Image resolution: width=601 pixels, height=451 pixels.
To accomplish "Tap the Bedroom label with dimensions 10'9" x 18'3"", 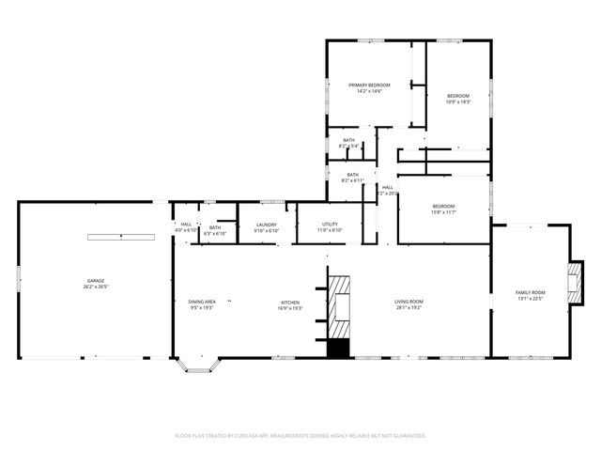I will click(x=457, y=97).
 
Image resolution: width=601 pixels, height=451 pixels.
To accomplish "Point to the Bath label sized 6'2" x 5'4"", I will click(x=349, y=141).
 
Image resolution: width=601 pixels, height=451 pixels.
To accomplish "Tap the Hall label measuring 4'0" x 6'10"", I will click(x=186, y=225).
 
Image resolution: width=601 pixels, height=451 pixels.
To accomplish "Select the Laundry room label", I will click(x=266, y=225).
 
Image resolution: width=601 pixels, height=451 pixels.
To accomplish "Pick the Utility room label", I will click(x=330, y=225).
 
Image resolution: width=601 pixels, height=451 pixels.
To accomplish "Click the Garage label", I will click(x=96, y=281).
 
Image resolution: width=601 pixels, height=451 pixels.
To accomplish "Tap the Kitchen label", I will click(x=289, y=303).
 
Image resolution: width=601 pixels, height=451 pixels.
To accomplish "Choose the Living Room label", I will click(x=408, y=303).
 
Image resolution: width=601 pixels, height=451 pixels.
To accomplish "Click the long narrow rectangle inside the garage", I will click(x=121, y=237).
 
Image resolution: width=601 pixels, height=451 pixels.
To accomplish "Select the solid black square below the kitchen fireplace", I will click(x=337, y=348).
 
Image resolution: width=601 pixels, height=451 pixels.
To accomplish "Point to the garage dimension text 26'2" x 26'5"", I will click(x=96, y=287).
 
